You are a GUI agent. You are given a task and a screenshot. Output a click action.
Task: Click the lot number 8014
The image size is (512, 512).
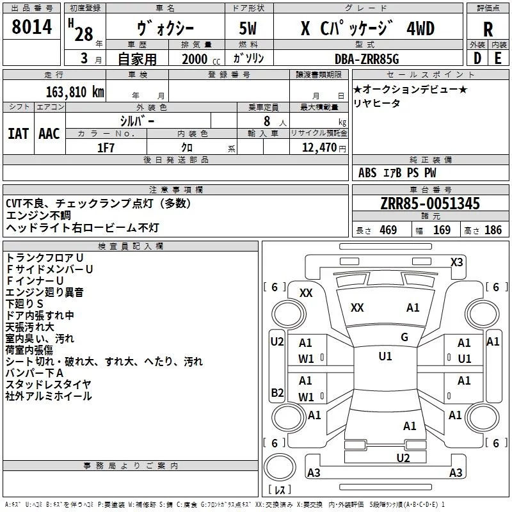click(32, 29)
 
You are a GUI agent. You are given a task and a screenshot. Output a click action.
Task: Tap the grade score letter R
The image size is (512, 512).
click(488, 29)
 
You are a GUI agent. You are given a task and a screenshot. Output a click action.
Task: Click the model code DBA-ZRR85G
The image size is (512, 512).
click(367, 59)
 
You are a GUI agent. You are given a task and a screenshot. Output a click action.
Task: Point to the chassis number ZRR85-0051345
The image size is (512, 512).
click(430, 204)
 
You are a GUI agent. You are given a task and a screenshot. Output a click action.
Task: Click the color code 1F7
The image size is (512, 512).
click(106, 148)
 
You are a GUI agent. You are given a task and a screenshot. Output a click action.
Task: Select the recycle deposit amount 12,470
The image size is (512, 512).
click(318, 148)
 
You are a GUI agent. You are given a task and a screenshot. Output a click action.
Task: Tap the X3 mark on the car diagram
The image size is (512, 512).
click(456, 262)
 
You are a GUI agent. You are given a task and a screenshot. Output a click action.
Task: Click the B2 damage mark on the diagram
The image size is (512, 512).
click(277, 392)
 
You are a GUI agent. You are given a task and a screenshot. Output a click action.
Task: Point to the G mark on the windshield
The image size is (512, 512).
click(404, 337)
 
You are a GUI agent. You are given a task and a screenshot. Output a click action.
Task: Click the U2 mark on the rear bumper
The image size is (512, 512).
click(403, 457)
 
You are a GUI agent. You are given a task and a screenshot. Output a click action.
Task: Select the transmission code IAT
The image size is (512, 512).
click(18, 133)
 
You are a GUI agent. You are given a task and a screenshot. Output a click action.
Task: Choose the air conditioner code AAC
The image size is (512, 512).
click(49, 133)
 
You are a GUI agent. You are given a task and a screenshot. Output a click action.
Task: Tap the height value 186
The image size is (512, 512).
click(493, 230)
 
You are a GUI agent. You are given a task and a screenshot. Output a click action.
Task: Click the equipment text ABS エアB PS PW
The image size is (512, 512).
click(397, 172)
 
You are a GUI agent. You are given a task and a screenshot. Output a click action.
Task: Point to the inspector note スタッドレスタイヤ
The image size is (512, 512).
click(49, 385)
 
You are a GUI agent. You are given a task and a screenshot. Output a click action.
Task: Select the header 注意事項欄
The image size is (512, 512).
click(176, 190)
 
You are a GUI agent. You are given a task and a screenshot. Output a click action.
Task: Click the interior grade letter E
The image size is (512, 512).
click(498, 59)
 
